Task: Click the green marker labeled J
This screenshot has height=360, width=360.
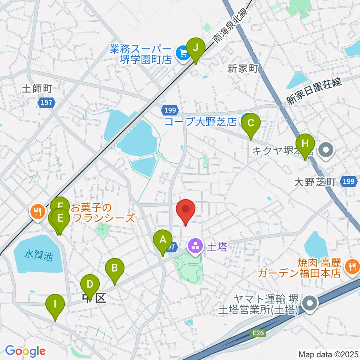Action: [x=195, y=48]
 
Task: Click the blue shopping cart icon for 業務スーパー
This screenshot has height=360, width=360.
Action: [x=183, y=53]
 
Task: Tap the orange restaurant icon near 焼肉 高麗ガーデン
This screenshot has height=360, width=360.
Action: [x=351, y=267]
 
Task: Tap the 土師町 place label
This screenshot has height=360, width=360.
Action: [x=36, y=89]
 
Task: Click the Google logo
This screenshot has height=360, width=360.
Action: [x=25, y=351]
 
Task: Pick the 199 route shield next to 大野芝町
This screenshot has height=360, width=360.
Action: [x=348, y=182]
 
